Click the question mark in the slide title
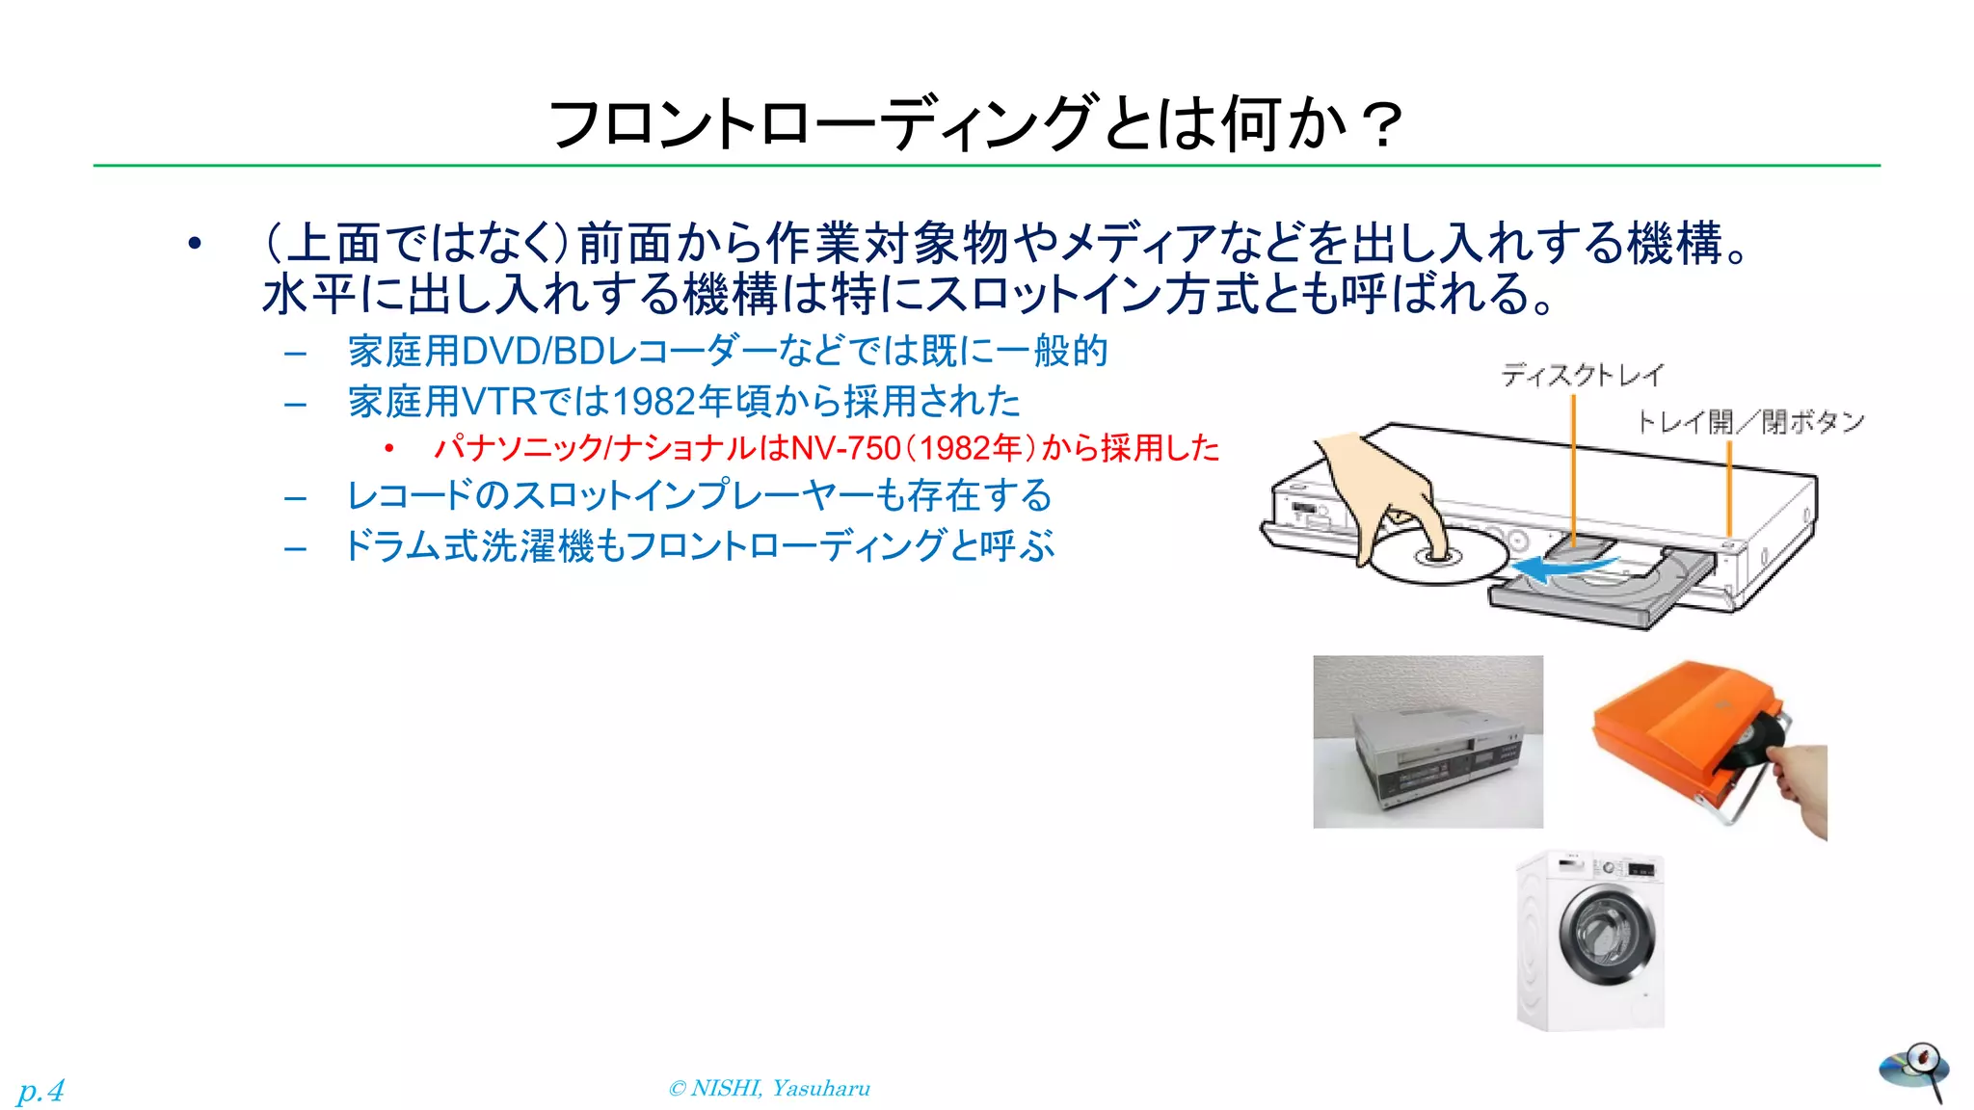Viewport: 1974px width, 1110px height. (1382, 126)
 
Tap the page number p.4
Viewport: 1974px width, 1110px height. (40, 1091)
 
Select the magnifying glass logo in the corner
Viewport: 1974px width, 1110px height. (1914, 1070)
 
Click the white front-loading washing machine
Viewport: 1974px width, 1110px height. (1591, 940)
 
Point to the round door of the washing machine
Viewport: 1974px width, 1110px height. (1607, 935)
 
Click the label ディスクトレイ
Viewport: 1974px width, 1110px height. (1582, 375)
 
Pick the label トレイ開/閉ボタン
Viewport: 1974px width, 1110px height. (1750, 422)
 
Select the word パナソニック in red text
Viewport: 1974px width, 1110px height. (517, 448)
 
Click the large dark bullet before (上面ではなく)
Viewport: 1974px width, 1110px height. (195, 244)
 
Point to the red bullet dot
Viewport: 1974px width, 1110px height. (388, 448)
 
